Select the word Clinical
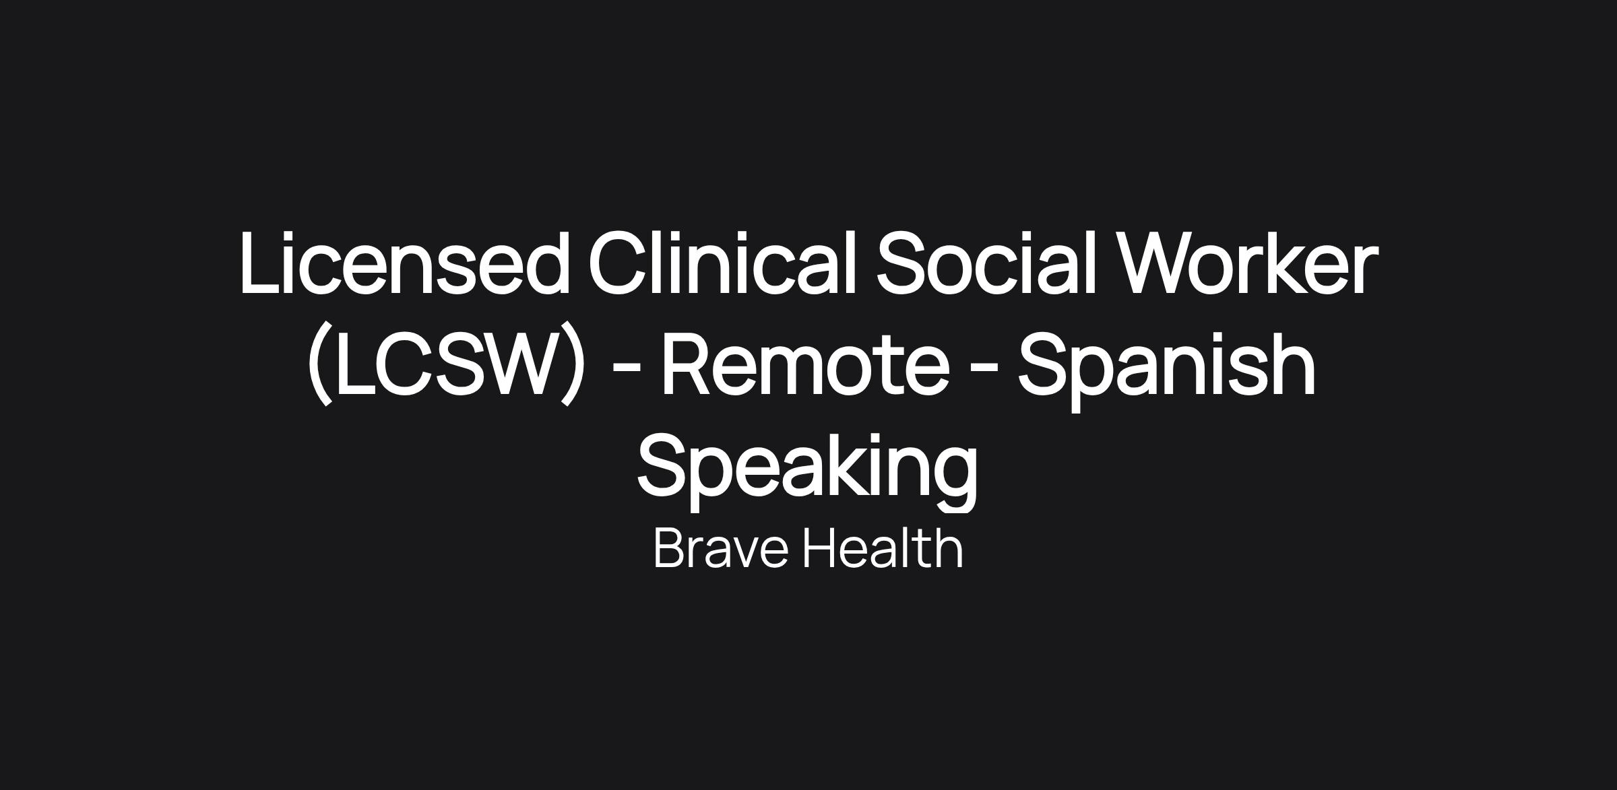[722, 263]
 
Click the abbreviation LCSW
[446, 365]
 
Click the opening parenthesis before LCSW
[320, 364]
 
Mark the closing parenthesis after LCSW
[573, 364]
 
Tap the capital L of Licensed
[260, 263]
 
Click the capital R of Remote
[688, 364]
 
